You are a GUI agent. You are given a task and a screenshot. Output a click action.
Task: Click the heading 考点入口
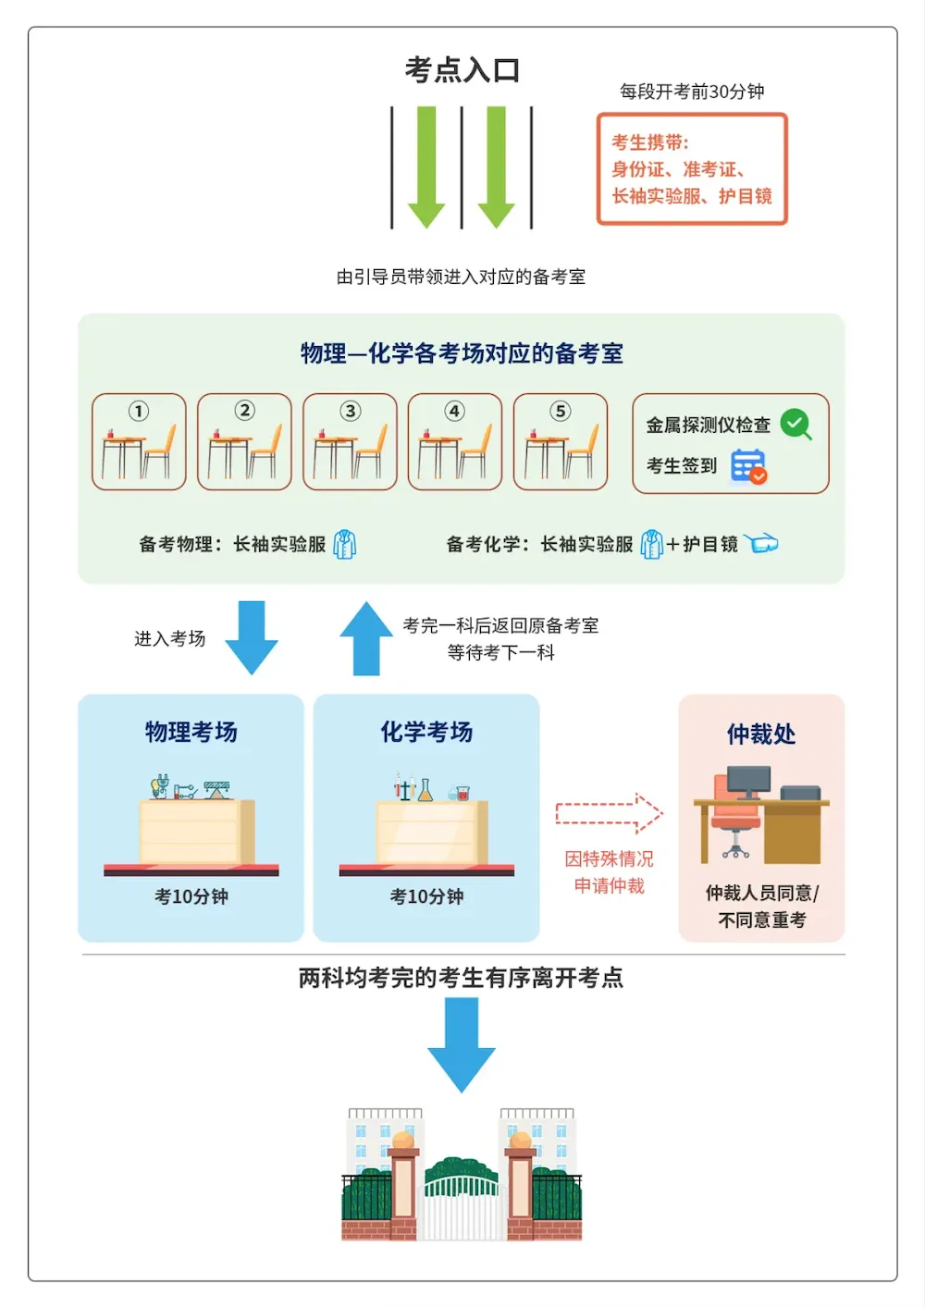coord(462,70)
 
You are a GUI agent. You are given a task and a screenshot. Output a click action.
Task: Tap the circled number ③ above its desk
coord(350,411)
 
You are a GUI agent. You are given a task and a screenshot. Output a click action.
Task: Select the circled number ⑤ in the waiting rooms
coord(561,411)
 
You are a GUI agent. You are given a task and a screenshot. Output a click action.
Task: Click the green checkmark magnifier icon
coord(795,425)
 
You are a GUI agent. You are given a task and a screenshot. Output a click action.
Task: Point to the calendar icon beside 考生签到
coord(748,466)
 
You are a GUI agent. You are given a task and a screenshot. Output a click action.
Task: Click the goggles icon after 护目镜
coord(761,543)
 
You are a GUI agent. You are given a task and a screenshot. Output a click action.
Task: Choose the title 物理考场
coord(191,732)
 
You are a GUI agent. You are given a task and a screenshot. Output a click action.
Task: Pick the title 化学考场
coord(426,732)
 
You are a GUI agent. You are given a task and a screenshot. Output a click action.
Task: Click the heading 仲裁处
coord(761,734)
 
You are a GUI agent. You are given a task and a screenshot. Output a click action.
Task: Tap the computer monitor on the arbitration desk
coord(748,783)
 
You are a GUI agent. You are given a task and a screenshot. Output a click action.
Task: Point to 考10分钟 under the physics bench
coord(191,896)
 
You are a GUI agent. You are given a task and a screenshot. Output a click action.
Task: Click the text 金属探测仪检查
coord(708,425)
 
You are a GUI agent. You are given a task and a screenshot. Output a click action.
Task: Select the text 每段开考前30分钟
coord(692,92)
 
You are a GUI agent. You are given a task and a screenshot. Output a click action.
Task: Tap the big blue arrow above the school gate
coord(462,1043)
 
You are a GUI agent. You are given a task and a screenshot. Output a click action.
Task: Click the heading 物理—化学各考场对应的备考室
coord(462,353)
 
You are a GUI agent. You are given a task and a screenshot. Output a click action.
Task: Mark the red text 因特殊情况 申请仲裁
coord(609,872)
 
